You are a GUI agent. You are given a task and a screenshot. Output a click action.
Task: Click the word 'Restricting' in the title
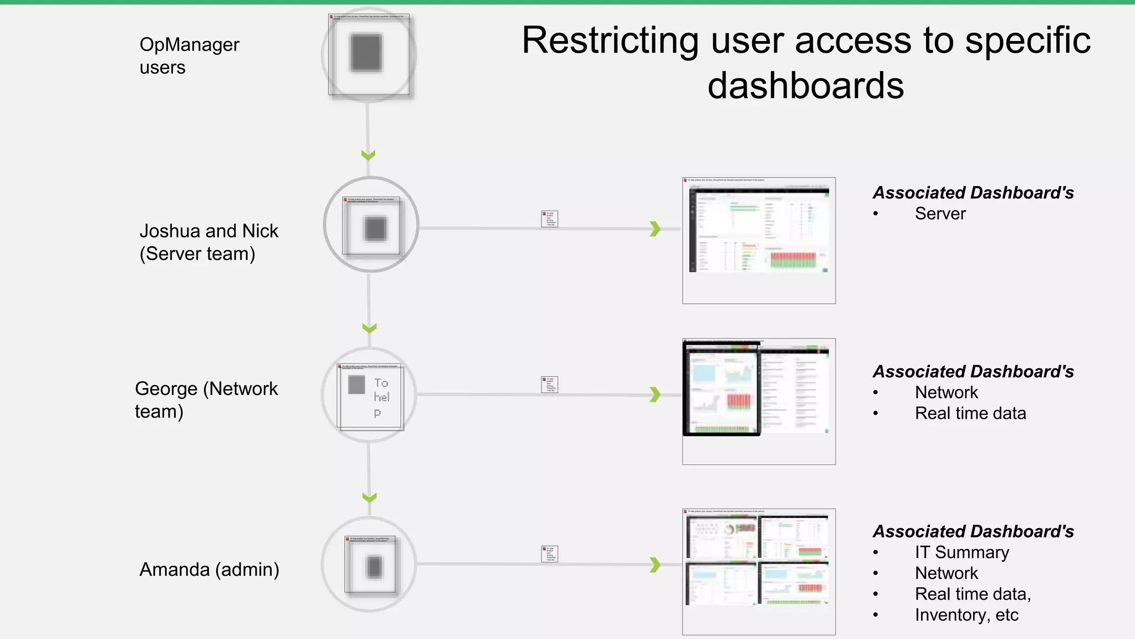point(610,41)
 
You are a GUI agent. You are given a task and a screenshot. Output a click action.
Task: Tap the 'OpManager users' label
point(189,55)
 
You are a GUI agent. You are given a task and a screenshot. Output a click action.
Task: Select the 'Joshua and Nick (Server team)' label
point(208,242)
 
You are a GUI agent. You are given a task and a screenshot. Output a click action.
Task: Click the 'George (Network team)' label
point(206,400)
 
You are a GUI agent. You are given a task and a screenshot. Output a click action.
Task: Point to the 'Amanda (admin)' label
point(209,570)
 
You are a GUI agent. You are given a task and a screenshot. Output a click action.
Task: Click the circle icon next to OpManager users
point(369,54)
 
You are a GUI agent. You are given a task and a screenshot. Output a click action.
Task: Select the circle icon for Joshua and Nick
point(371,225)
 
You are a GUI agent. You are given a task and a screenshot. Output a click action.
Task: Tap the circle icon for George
point(369,395)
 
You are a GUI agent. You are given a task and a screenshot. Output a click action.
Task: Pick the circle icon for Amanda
point(369,565)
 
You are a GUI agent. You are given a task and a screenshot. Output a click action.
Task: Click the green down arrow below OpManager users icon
point(369,155)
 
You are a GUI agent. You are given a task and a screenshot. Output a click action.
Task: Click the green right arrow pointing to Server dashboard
point(656,229)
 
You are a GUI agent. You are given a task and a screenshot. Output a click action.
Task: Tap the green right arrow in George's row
point(656,394)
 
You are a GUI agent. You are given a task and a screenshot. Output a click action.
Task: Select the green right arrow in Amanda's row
point(656,565)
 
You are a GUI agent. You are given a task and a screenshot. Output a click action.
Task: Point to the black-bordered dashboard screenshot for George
point(722,389)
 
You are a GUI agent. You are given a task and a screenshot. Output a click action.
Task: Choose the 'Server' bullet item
point(940,214)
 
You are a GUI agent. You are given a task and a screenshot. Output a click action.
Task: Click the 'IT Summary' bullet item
point(962,552)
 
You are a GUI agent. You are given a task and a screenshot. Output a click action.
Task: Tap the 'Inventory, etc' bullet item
point(967,615)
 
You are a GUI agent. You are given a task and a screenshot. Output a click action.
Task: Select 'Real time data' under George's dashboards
point(970,413)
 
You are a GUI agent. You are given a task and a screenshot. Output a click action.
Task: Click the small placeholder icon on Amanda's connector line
point(549,554)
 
